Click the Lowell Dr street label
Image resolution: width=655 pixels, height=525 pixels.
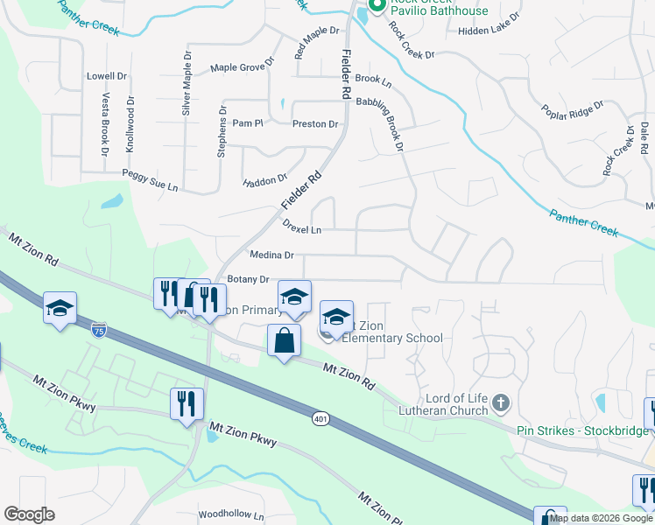pyautogui.click(x=106, y=76)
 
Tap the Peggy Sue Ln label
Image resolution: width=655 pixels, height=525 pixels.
pyautogui.click(x=150, y=181)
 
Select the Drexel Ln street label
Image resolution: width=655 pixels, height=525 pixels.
pyautogui.click(x=302, y=226)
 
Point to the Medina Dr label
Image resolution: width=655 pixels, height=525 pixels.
pyautogui.click(x=271, y=255)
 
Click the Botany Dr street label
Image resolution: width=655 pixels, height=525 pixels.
pyautogui.click(x=248, y=279)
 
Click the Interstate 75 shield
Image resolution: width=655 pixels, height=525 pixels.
pyautogui.click(x=99, y=330)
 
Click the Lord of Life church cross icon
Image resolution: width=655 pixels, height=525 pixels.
pyautogui.click(x=500, y=403)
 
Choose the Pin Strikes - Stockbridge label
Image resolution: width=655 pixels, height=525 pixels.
pyautogui.click(x=582, y=430)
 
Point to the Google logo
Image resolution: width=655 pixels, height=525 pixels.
pyautogui.click(x=29, y=514)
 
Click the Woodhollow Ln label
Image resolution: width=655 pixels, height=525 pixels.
pyautogui.click(x=231, y=514)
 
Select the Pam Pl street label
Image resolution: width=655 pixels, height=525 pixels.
pyautogui.click(x=247, y=124)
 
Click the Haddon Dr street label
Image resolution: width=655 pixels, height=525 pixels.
pyautogui.click(x=264, y=181)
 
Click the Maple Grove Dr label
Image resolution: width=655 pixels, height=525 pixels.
pyautogui.click(x=243, y=66)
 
